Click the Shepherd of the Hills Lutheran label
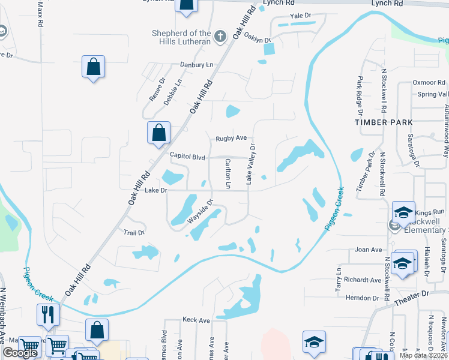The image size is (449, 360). (181, 37)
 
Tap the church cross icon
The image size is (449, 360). (220, 37)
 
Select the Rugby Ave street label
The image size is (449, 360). (231, 138)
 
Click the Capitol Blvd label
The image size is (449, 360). (187, 157)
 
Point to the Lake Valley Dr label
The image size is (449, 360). (252, 164)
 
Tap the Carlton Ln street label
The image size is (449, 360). (228, 173)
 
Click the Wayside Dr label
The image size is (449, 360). (200, 212)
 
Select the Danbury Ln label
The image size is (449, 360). (196, 64)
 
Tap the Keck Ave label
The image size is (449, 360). (196, 320)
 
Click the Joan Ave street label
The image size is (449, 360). (369, 250)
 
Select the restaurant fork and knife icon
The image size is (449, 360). (47, 314)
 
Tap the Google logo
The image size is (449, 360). (20, 353)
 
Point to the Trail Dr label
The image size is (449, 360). (134, 232)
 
